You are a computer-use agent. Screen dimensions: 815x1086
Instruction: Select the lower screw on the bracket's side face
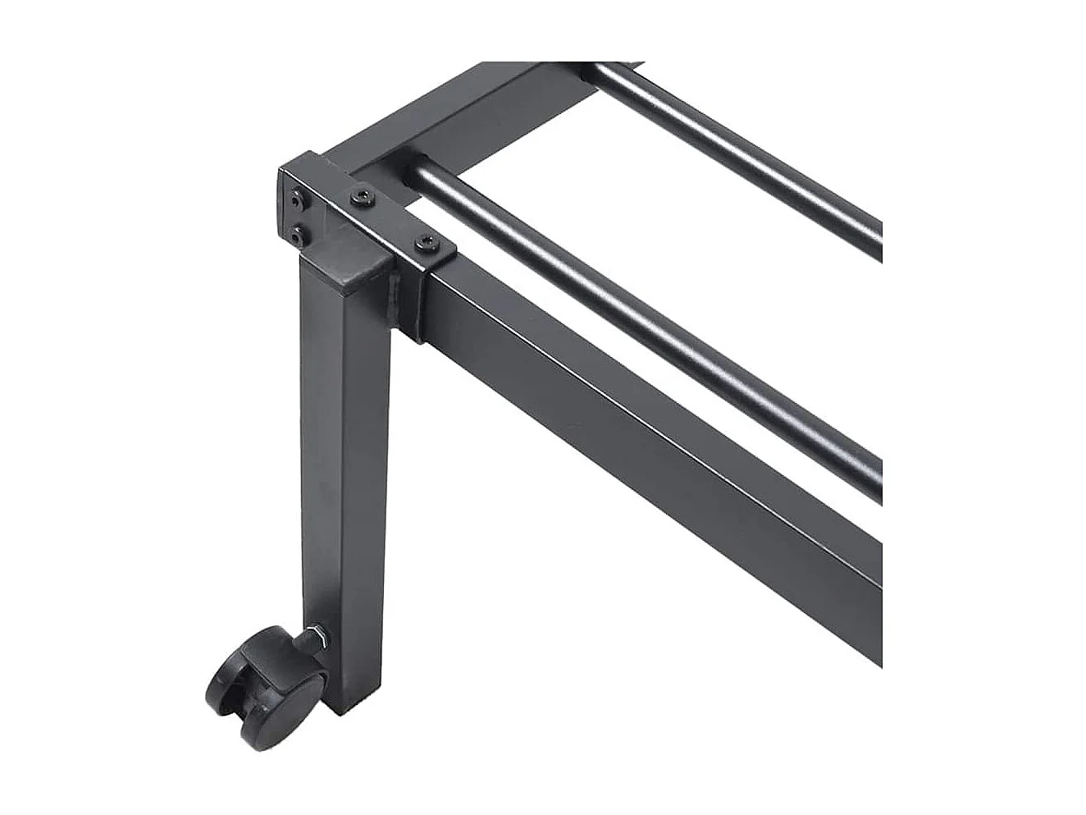point(296,236)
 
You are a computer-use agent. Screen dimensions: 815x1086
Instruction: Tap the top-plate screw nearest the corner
point(361,197)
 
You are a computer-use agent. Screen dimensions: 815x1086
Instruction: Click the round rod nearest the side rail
point(656,328)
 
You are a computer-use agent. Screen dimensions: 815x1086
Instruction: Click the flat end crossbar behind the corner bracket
point(459,115)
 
